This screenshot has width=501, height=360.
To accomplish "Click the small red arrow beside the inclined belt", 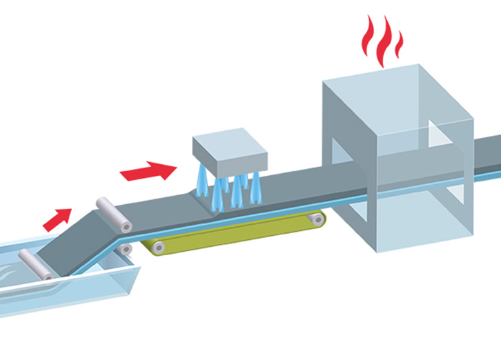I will click(57, 219).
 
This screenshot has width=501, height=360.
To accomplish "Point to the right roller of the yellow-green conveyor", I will click(316, 220).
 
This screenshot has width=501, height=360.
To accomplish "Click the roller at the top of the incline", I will click(113, 214).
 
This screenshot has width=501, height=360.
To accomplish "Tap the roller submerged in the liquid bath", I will click(33, 266).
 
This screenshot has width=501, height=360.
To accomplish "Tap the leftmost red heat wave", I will click(367, 43).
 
